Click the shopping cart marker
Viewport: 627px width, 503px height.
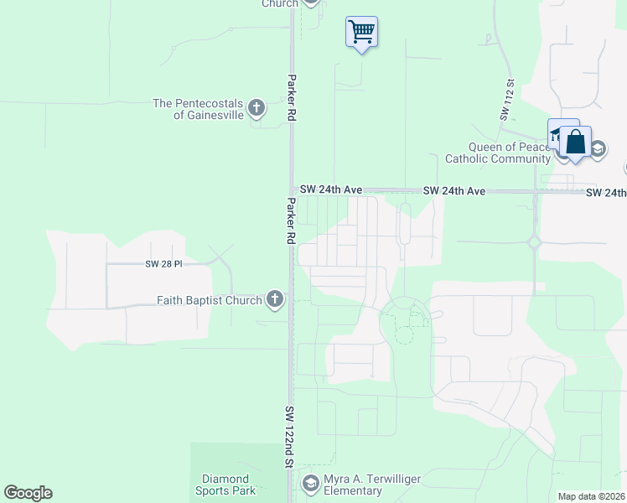[361, 32]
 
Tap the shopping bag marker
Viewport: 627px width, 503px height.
[576, 142]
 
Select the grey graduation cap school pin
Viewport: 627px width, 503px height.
[597, 150]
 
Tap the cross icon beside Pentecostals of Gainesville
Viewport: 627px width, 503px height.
[256, 108]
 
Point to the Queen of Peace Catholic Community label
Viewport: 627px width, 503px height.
[498, 153]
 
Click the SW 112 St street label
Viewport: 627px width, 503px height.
[508, 101]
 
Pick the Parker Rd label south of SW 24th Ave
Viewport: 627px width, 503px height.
[290, 220]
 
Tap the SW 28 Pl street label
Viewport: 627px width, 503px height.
[163, 264]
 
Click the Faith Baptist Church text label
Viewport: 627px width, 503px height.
[210, 299]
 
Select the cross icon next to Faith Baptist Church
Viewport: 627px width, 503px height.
[274, 298]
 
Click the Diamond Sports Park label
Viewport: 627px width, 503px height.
[226, 485]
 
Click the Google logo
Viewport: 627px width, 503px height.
[28, 493]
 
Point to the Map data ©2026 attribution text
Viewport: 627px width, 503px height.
[590, 496]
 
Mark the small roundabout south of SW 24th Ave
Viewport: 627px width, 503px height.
[534, 243]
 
